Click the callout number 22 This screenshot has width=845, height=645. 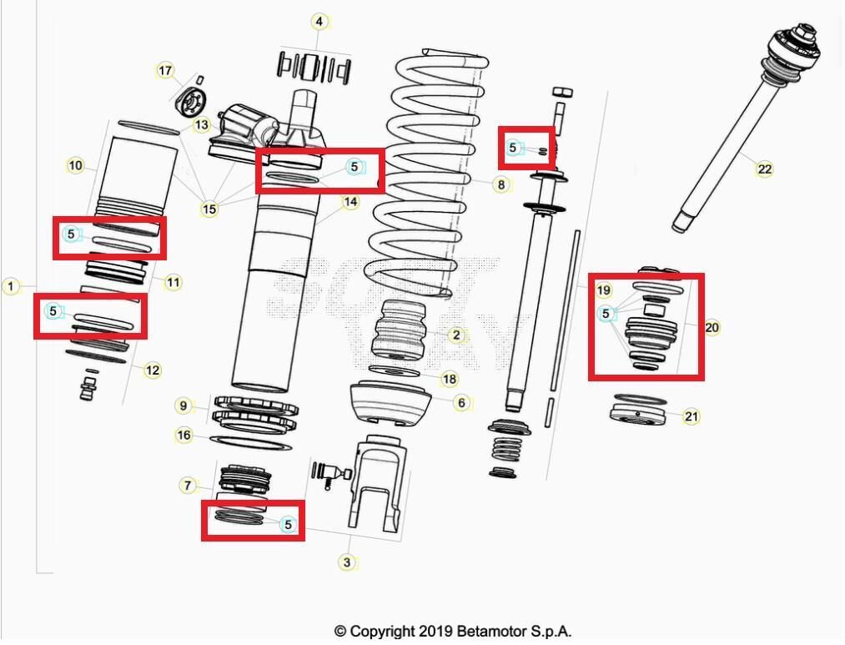[x=764, y=169]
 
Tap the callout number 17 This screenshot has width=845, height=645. [x=165, y=71]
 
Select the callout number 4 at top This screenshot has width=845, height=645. [x=320, y=21]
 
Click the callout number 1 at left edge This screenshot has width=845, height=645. [x=11, y=286]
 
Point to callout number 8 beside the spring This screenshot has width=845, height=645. [x=500, y=184]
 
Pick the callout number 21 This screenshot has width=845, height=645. [x=691, y=416]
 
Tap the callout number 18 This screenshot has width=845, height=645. [x=449, y=380]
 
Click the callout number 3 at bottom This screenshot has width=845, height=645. [x=347, y=562]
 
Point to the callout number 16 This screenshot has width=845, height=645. [x=184, y=436]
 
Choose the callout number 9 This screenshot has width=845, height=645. [x=184, y=406]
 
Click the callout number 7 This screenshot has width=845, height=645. [x=188, y=486]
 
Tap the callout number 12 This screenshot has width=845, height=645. [x=152, y=370]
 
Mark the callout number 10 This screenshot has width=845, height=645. [x=76, y=166]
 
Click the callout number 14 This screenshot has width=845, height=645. [x=350, y=202]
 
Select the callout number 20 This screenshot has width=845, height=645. [x=712, y=328]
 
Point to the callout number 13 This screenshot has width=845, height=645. [x=201, y=125]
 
